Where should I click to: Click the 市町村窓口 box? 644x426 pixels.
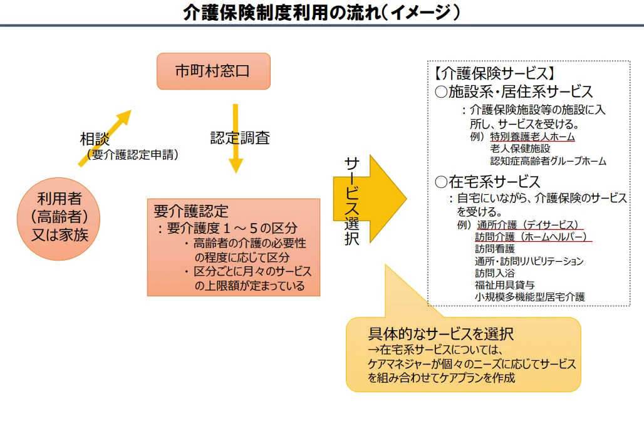click(x=213, y=71)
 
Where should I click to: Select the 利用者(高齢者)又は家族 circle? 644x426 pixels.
click(x=59, y=217)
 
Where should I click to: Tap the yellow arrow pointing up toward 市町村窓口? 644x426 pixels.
click(x=105, y=137)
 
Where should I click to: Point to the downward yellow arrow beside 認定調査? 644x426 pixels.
click(x=236, y=138)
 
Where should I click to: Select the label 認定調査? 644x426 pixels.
click(x=240, y=138)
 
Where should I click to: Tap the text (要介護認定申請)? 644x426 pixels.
click(x=132, y=154)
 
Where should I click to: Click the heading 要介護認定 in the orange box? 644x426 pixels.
click(x=191, y=210)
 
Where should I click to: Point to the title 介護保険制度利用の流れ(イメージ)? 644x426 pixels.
click(x=321, y=13)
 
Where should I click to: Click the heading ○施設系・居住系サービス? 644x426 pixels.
click(x=514, y=92)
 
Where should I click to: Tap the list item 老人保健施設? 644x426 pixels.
click(x=520, y=148)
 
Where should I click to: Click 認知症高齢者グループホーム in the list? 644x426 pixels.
click(x=548, y=161)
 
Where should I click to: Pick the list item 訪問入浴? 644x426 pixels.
click(x=495, y=273)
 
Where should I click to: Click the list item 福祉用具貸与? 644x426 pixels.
click(x=504, y=284)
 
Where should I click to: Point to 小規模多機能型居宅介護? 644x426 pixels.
click(x=529, y=296)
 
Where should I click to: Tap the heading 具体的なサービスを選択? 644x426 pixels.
click(x=441, y=333)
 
